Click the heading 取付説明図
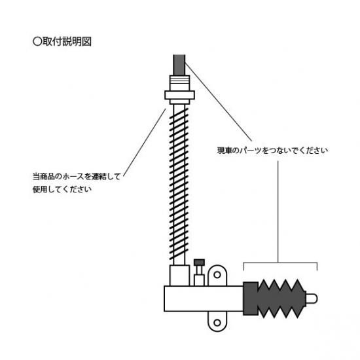[67, 41]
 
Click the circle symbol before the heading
[37, 41]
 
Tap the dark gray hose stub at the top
[179, 65]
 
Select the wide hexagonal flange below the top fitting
[180, 95]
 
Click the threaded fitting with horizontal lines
[179, 83]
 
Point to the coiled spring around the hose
[179, 184]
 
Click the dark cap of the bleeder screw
[199, 262]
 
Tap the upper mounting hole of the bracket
[217, 275]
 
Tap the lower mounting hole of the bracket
[217, 323]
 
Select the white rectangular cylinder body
[204, 298]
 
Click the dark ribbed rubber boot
[275, 298]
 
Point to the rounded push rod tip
[312, 298]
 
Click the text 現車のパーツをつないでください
[272, 151]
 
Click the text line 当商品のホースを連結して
[77, 177]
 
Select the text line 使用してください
[62, 189]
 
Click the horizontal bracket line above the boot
[280, 262]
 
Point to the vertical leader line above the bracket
[278, 211]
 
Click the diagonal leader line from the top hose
[219, 102]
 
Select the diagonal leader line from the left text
[145, 143]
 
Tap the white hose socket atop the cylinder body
[179, 276]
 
